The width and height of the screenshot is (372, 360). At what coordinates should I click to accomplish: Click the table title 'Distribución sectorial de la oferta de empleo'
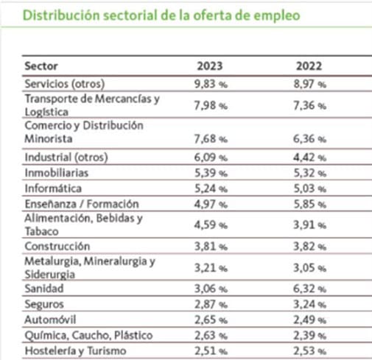tap(161, 15)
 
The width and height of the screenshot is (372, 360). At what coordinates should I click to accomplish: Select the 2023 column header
tap(210, 66)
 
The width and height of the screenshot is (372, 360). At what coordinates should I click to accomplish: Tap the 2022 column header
tap(309, 66)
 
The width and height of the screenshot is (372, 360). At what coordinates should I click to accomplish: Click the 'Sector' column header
tap(41, 66)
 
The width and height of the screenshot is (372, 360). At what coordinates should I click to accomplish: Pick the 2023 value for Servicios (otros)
tap(211, 84)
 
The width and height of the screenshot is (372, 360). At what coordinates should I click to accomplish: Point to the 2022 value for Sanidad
tap(309, 289)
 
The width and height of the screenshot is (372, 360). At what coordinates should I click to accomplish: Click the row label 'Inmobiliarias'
tap(57, 173)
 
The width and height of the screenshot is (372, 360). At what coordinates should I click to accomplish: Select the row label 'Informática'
tap(53, 188)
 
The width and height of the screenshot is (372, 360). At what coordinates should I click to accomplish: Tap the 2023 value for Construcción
tap(211, 247)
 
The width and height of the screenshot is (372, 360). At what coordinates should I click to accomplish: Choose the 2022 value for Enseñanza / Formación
tap(310, 204)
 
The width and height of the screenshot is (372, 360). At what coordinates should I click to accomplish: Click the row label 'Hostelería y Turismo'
tap(76, 351)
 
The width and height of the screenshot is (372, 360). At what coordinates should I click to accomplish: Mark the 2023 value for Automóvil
tap(211, 320)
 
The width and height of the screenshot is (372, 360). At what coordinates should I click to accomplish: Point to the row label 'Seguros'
tap(44, 304)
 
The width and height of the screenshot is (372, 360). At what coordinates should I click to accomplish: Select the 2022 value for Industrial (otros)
tap(309, 158)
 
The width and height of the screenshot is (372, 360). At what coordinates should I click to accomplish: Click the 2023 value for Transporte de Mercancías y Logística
tap(211, 106)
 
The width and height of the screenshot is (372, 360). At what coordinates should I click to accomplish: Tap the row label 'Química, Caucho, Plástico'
tap(88, 336)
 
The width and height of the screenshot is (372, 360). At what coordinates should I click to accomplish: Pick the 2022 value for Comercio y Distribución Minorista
tap(309, 139)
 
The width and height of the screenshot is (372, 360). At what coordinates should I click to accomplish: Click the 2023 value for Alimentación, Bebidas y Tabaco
tap(211, 225)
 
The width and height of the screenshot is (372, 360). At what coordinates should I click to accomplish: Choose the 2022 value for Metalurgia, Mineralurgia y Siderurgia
tap(310, 268)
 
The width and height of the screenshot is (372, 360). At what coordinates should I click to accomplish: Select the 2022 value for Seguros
tap(310, 304)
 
